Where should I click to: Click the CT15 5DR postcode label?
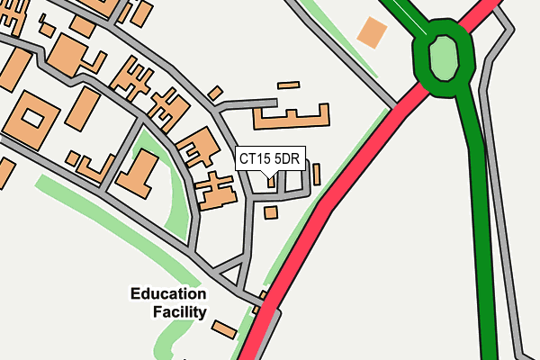pyautogui.click(x=269, y=159)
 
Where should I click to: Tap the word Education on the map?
pyautogui.click(x=168, y=294)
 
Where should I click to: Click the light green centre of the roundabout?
pyautogui.click(x=443, y=59)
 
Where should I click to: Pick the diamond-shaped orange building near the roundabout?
pyautogui.click(x=371, y=33)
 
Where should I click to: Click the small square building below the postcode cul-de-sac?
pyautogui.click(x=271, y=211)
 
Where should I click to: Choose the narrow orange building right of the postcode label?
pyautogui.click(x=316, y=174)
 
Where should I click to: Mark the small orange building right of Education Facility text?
pyautogui.click(x=224, y=329)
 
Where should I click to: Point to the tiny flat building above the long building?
pyautogui.click(x=288, y=85)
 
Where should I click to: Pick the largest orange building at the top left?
pyautogui.click(x=69, y=56)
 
